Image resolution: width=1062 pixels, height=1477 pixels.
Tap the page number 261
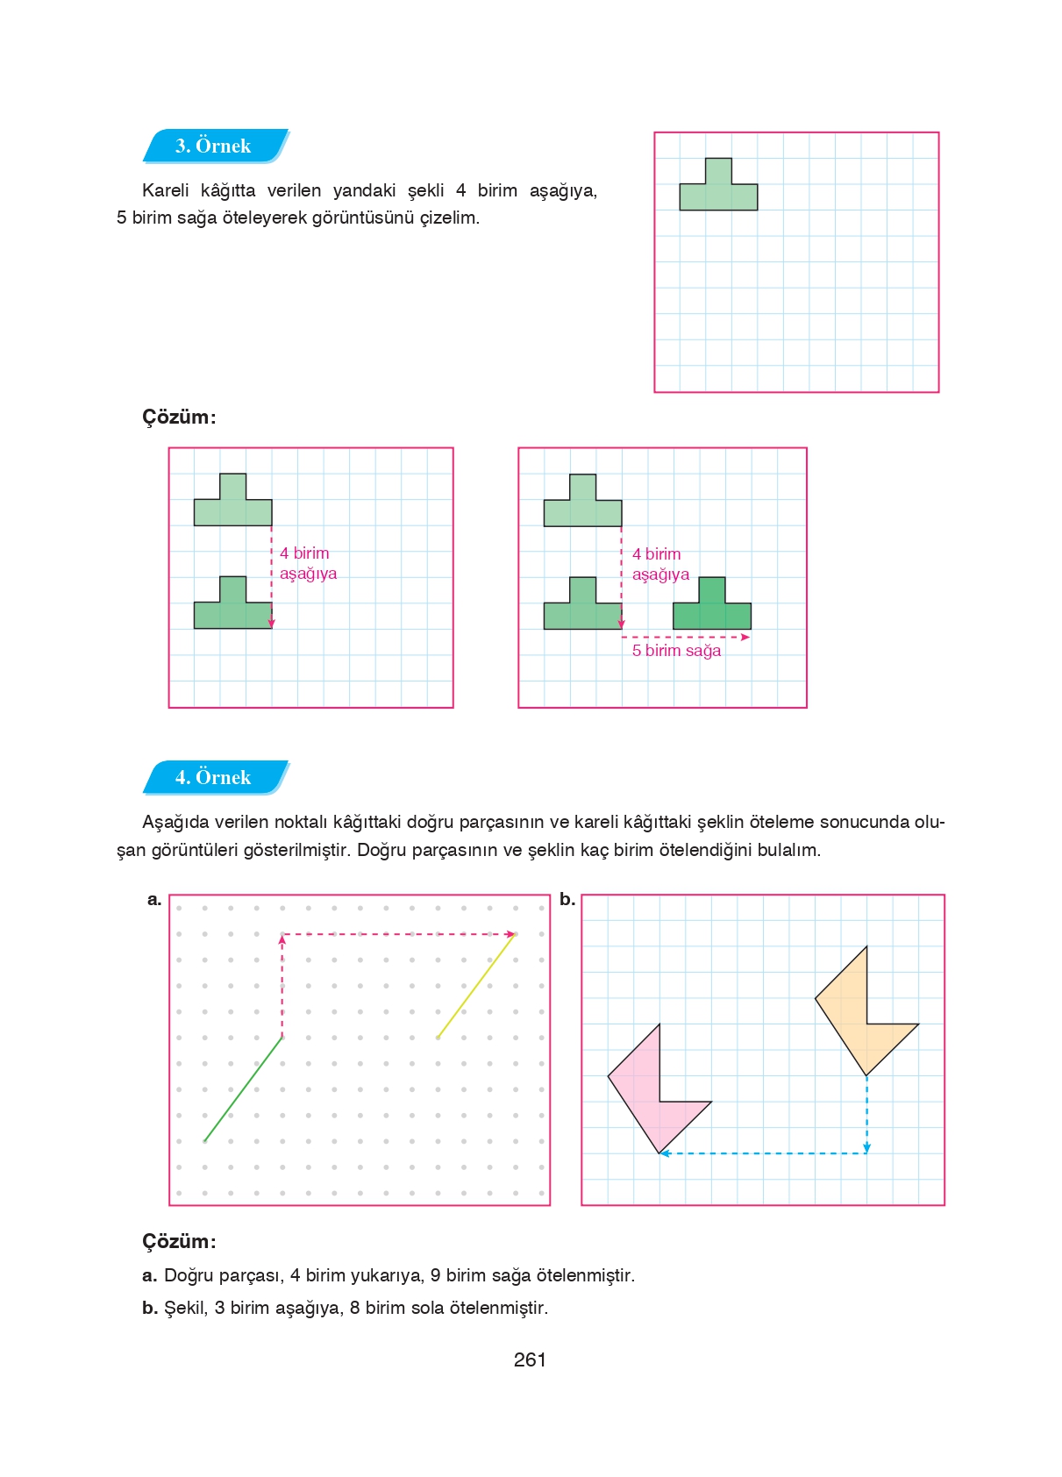tap(530, 1359)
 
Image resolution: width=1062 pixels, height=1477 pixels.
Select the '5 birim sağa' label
tap(676, 651)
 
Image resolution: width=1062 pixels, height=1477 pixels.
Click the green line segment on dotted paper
tap(243, 1089)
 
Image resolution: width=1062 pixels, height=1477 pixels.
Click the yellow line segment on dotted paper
tap(476, 986)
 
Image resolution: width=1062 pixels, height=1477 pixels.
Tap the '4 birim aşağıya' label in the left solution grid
tap(308, 563)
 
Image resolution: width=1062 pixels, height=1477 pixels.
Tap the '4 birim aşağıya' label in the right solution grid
tap(660, 564)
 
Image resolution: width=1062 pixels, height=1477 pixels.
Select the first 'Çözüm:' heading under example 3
tap(179, 417)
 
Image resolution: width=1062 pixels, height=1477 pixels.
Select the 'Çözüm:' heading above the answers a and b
tap(179, 1241)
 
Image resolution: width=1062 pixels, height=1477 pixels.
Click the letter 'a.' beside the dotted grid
tap(154, 899)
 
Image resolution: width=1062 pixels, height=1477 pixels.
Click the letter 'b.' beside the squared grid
tap(567, 899)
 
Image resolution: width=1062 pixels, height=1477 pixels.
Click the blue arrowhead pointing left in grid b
tap(665, 1153)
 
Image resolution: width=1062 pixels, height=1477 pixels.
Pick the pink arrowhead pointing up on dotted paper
tap(282, 939)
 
